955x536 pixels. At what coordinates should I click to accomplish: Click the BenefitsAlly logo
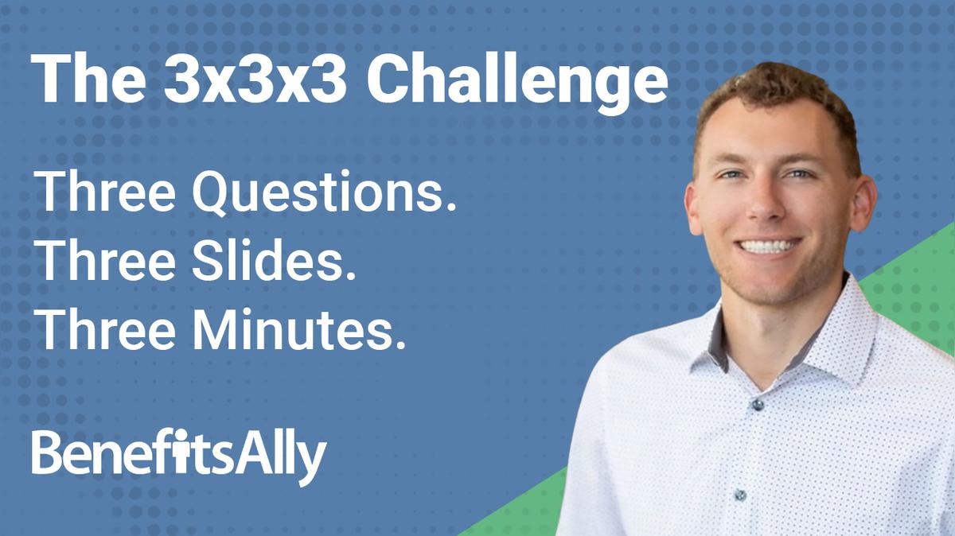[x=179, y=456]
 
